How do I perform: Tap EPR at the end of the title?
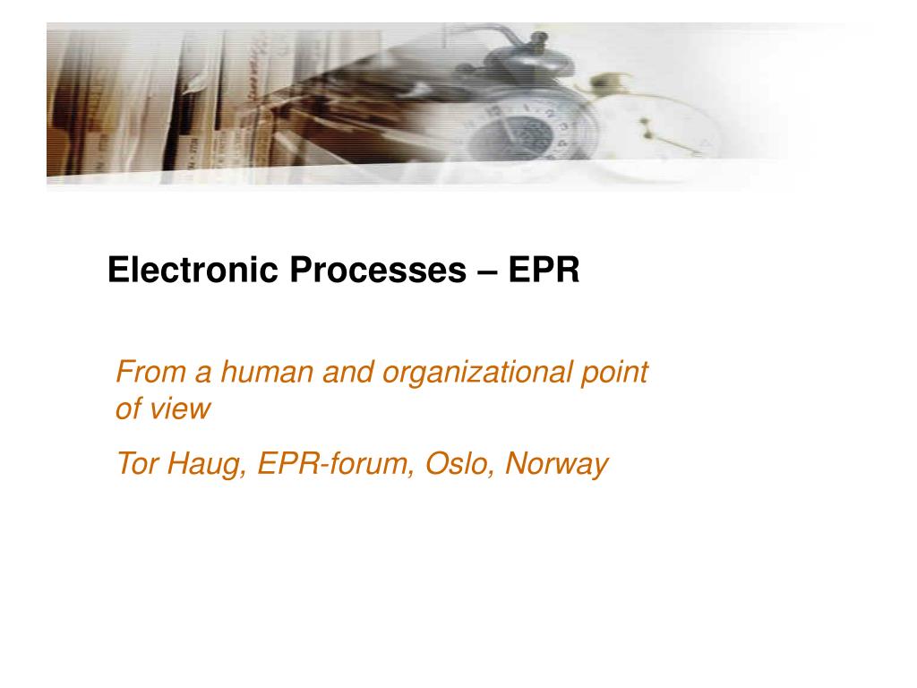(544, 271)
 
